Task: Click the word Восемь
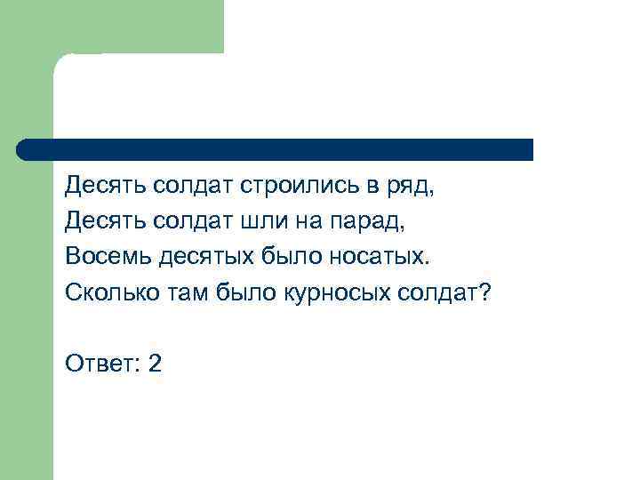coord(107,257)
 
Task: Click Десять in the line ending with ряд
coord(104,188)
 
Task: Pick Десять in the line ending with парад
coord(104,222)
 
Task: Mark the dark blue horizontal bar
coord(276,149)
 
